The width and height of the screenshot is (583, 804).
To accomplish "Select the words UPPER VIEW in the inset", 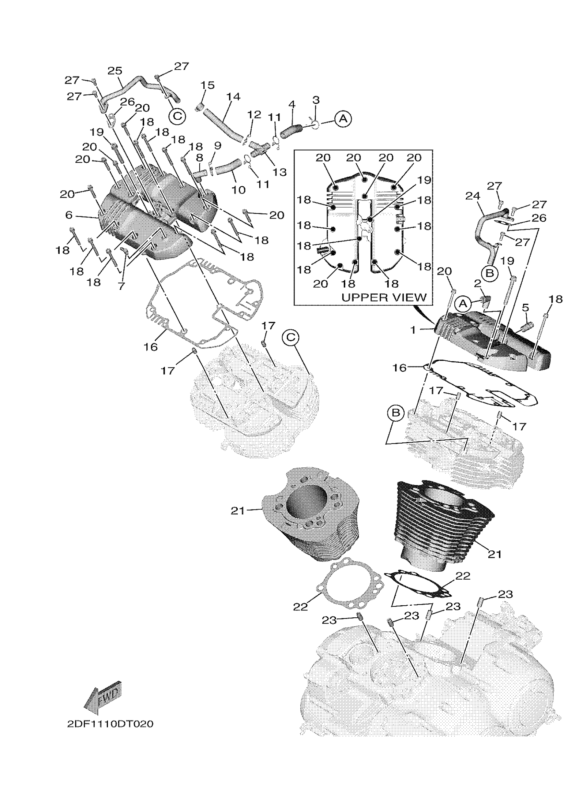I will click(384, 297).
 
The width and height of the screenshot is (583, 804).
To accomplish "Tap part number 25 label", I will click(115, 71).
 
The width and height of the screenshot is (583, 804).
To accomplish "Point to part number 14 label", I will click(233, 96).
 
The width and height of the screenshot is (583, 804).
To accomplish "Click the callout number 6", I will click(69, 215).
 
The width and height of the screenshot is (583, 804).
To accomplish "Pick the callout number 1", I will click(413, 330).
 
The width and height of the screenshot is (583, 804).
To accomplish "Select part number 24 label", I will click(473, 196).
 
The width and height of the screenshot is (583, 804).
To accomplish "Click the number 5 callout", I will click(525, 308).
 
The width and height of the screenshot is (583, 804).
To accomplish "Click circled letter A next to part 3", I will click(343, 119).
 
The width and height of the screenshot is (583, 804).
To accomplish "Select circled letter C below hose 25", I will click(177, 116).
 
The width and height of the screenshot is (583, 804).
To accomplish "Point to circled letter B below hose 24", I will click(490, 273).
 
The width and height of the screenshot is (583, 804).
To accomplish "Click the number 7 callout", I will click(121, 286).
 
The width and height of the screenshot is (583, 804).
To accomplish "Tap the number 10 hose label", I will click(238, 190).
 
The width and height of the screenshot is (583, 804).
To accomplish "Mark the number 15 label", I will click(207, 85).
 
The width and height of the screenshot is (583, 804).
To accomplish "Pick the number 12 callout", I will click(254, 115).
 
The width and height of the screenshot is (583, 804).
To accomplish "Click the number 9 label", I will click(217, 145).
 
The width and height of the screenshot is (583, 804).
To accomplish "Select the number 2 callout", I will click(477, 283).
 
